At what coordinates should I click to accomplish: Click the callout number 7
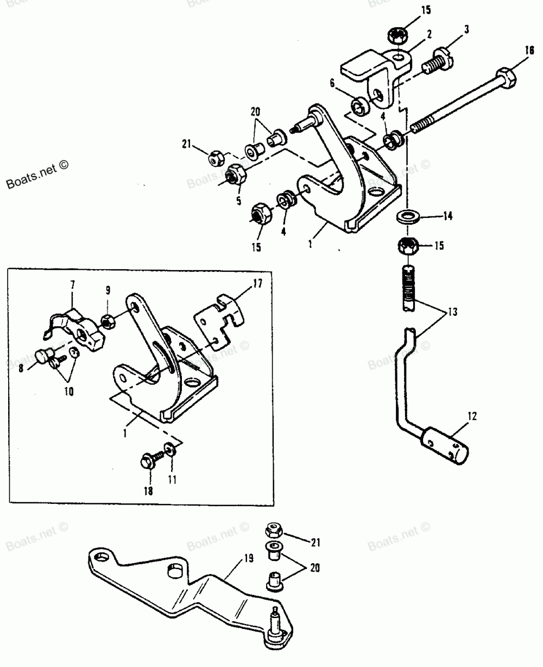[73, 284]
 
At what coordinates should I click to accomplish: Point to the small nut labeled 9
[108, 320]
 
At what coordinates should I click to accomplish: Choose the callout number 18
[148, 491]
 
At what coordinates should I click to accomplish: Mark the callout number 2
[429, 34]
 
